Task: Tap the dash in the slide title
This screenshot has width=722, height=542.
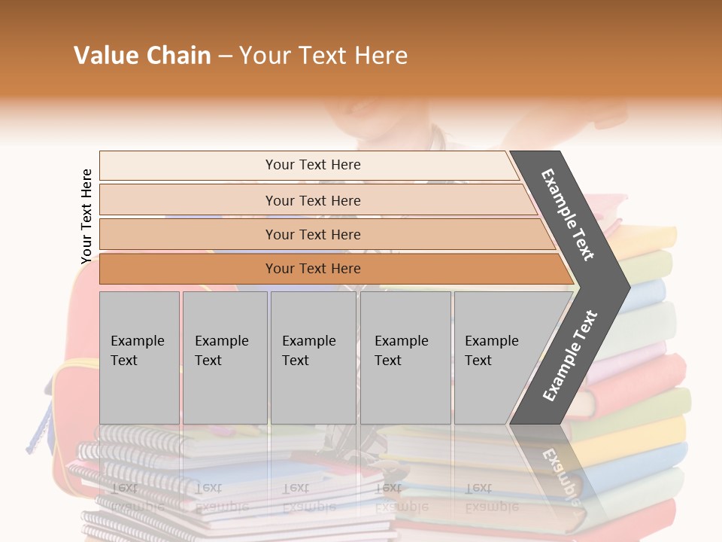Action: click(224, 56)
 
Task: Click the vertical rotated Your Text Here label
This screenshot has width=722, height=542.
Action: click(86, 216)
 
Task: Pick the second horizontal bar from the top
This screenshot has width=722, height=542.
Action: click(312, 200)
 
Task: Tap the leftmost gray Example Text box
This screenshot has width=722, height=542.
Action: click(139, 358)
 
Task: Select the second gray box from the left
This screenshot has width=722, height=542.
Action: click(225, 358)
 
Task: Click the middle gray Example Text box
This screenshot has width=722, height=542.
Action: click(313, 358)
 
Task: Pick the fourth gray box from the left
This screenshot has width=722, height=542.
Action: click(405, 358)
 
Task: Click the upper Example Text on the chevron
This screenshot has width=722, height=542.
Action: click(568, 215)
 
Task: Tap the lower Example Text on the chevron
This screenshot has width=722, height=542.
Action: click(569, 356)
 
